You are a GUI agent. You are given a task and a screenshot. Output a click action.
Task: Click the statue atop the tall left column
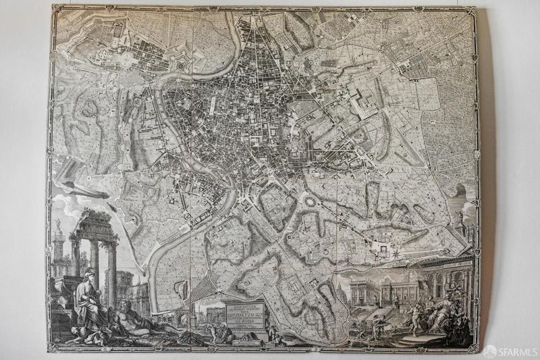click(59, 224)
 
